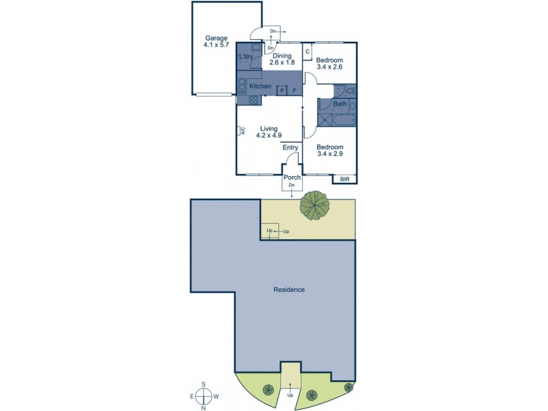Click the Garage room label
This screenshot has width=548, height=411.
click(215, 38)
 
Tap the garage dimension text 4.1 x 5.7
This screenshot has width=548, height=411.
click(215, 45)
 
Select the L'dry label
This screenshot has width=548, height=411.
click(245, 57)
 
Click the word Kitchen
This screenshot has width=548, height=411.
click(260, 86)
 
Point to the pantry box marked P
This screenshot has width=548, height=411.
click(282, 90)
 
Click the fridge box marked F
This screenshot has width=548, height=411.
click(295, 90)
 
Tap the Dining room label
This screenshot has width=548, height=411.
click(280, 55)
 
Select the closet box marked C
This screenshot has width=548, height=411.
click(308, 52)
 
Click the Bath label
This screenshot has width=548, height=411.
click(340, 104)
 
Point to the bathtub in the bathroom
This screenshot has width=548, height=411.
click(337, 121)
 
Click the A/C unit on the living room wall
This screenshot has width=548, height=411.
click(243, 132)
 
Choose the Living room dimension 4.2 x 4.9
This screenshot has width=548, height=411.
click(270, 136)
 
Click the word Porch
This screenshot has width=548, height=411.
click(292, 178)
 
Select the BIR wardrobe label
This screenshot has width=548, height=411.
click(343, 179)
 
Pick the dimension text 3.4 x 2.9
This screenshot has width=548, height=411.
click(329, 154)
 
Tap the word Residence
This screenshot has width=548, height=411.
click(289, 290)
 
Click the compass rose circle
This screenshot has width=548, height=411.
click(203, 396)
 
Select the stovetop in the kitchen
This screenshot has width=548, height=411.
click(253, 99)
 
